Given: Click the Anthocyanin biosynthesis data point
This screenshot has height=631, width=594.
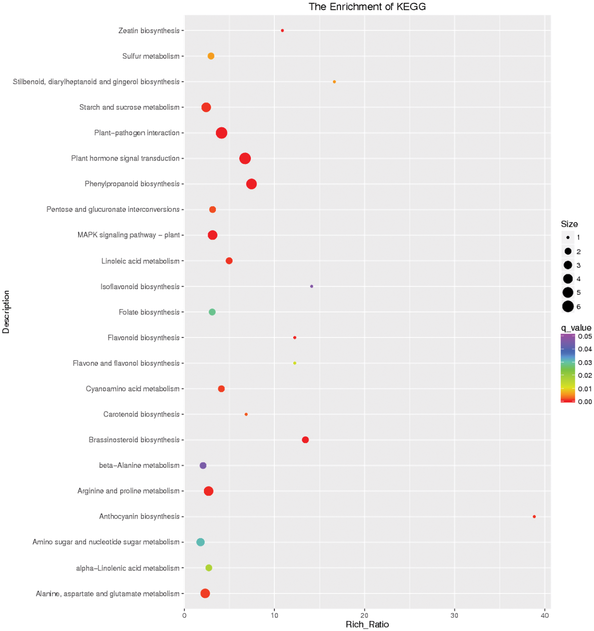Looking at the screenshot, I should [534, 516].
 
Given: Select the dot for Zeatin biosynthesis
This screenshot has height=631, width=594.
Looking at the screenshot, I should [282, 30].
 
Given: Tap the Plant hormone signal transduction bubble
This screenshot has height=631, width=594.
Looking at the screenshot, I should [245, 158].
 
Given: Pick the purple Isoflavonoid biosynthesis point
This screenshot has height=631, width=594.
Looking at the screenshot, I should [311, 286].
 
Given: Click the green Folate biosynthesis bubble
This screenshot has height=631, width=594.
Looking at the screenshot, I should [212, 312].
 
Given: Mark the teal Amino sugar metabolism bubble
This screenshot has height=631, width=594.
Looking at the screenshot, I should [201, 542].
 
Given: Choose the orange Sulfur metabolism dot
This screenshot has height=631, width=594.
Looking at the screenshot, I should [211, 56].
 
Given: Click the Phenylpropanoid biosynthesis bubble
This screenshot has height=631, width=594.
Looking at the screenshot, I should [251, 184].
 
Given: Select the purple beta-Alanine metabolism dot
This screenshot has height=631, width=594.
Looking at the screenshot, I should [203, 465].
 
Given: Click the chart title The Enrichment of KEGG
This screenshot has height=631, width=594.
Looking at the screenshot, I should [367, 7].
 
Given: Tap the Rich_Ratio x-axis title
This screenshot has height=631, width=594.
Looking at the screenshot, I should [367, 624].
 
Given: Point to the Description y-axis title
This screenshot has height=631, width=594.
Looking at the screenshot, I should [6, 312].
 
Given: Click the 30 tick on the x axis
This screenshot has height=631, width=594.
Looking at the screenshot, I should [454, 615].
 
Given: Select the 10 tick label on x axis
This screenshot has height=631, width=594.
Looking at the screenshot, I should [274, 615].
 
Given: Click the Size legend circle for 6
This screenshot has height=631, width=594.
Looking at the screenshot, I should [568, 306].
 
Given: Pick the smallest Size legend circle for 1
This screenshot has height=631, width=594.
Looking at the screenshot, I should [568, 238].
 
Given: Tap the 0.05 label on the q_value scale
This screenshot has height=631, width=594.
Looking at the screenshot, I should [585, 336].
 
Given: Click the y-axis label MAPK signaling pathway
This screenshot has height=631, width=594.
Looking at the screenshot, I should [128, 235].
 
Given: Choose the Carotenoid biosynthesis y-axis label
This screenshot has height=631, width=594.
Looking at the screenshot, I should [141, 414].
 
